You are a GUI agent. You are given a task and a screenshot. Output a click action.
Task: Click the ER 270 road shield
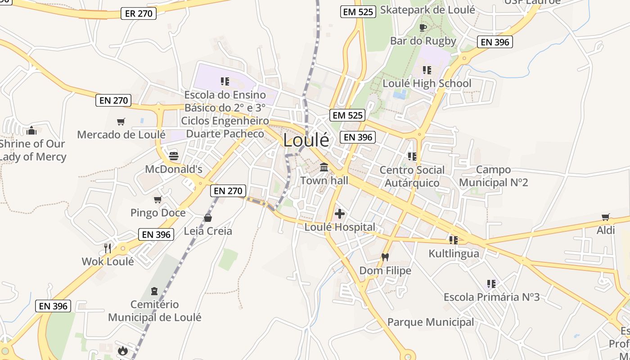139,13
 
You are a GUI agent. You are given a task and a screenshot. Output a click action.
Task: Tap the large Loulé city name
306,140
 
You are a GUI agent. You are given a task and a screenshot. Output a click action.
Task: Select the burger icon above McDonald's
174,156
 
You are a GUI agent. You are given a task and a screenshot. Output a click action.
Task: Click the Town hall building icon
324,168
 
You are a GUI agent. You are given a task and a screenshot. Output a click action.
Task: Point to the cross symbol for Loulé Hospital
340,214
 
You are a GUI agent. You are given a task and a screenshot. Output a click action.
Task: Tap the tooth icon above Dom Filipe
385,257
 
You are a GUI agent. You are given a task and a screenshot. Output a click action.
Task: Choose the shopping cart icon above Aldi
606,217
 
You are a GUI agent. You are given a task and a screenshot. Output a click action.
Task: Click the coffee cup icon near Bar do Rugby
423,27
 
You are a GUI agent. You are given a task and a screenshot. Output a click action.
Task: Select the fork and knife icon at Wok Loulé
108,248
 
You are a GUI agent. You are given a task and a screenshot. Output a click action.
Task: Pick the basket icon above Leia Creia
208,218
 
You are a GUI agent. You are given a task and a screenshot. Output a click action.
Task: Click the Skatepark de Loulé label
427,10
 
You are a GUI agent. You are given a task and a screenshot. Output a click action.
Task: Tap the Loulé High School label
427,83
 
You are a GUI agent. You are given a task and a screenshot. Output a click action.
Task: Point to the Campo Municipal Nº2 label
493,176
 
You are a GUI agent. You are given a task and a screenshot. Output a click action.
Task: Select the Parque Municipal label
431,322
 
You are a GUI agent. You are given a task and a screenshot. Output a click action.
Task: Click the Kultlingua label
454,253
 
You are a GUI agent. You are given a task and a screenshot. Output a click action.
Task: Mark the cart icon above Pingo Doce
157,199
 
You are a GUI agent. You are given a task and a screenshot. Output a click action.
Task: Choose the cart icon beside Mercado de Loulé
121,121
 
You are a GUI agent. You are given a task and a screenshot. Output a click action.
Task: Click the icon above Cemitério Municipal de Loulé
154,291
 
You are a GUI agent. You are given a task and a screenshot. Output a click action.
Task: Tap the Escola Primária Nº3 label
491,297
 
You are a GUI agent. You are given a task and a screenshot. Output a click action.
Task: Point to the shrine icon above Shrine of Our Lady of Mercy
31,130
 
